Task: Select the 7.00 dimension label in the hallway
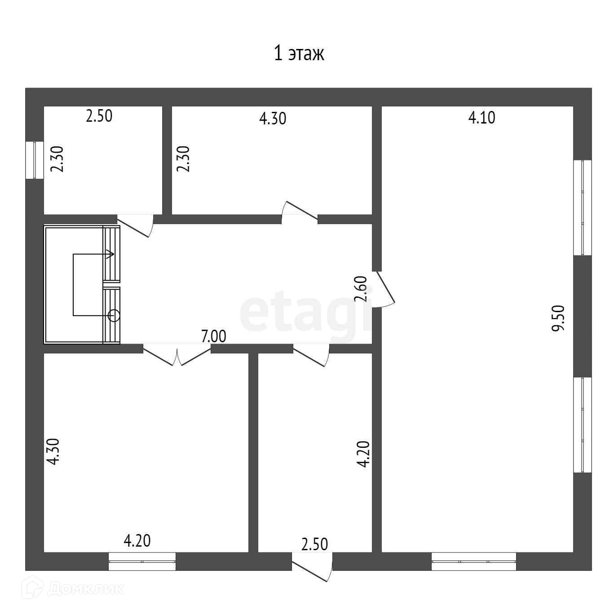pyautogui.click(x=213, y=336)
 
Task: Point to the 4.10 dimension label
pyautogui.click(x=481, y=118)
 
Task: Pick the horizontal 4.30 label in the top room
pyautogui.click(x=273, y=119)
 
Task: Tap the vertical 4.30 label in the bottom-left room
pyautogui.click(x=53, y=452)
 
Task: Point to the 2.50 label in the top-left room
pyautogui.click(x=99, y=116)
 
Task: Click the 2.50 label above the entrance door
pyautogui.click(x=314, y=544)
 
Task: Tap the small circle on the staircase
pyautogui.click(x=114, y=316)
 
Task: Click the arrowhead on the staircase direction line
pyautogui.click(x=109, y=255)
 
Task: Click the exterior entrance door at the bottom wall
pyautogui.click(x=313, y=567)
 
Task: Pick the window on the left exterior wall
pyautogui.click(x=34, y=160)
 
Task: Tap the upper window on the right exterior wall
pyautogui.click(x=583, y=208)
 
